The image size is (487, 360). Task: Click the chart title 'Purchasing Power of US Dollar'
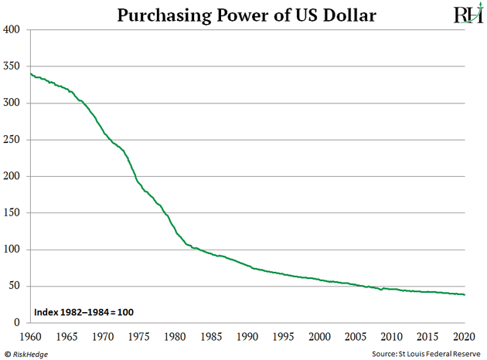tap(247, 15)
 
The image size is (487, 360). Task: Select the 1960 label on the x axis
tap(30, 336)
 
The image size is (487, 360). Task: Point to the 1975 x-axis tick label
tap(139, 336)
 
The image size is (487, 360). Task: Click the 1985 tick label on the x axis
tap(211, 336)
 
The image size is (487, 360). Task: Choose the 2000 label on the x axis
tap(320, 336)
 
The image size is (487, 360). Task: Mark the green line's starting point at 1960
tap(31, 73)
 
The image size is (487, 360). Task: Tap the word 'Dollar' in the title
tap(348, 15)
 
